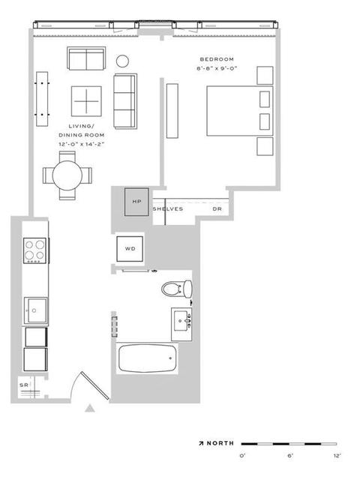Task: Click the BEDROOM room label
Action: (217, 59)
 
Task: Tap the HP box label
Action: (136, 202)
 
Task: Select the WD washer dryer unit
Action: (130, 249)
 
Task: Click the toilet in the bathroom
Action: (176, 289)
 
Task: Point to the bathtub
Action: (147, 358)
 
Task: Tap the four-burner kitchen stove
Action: (35, 250)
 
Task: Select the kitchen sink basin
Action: (36, 310)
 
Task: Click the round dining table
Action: (67, 175)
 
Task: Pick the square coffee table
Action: (86, 101)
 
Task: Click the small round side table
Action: (122, 61)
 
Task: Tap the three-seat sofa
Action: (125, 101)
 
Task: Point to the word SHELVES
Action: (168, 209)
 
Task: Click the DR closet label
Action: (217, 209)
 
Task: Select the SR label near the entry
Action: (24, 385)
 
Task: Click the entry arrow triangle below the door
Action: (89, 408)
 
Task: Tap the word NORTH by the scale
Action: (220, 443)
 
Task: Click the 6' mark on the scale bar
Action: (290, 456)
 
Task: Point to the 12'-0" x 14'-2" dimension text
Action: (82, 144)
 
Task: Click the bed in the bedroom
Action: (240, 111)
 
